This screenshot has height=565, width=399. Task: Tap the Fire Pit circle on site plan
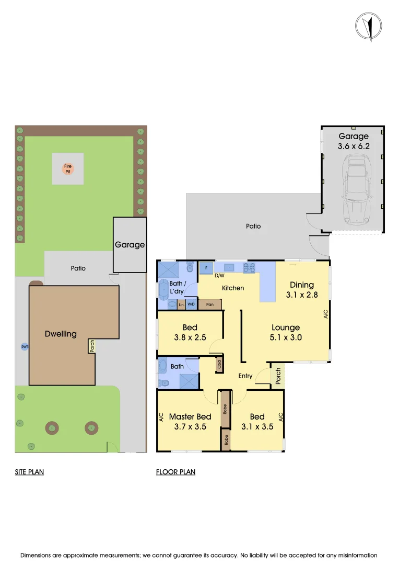click(x=68, y=168)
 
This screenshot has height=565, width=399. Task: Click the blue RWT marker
click(x=24, y=346)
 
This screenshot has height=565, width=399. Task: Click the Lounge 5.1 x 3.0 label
click(x=285, y=333)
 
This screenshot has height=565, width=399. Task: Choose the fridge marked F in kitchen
click(x=206, y=268)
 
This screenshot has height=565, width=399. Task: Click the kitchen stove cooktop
click(x=249, y=268)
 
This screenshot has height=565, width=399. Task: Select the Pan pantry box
click(x=209, y=304)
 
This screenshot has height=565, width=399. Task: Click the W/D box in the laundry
click(x=191, y=304)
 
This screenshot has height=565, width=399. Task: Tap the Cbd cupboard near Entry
click(x=219, y=364)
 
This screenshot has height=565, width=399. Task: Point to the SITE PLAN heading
click(x=29, y=472)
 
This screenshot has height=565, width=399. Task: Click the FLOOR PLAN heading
click(x=175, y=472)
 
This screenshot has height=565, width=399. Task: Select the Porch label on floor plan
click(x=278, y=376)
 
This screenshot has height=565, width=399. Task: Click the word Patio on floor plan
click(x=253, y=227)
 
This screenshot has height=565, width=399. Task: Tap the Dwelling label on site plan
click(x=61, y=334)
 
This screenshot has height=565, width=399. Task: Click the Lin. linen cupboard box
click(x=181, y=304)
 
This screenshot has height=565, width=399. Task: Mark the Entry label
click(x=245, y=376)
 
